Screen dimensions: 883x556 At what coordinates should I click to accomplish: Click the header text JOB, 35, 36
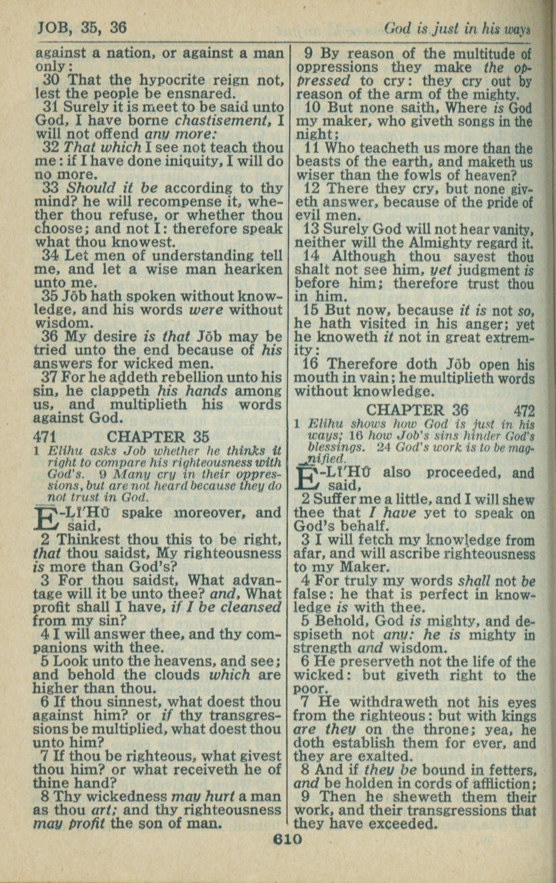pos(82,28)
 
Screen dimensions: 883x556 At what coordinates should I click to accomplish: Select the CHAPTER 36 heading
pos(417,410)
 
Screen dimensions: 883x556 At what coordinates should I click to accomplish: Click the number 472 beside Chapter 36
pos(525,411)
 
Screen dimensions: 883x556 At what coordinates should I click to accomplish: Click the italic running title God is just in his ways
pos(457,29)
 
